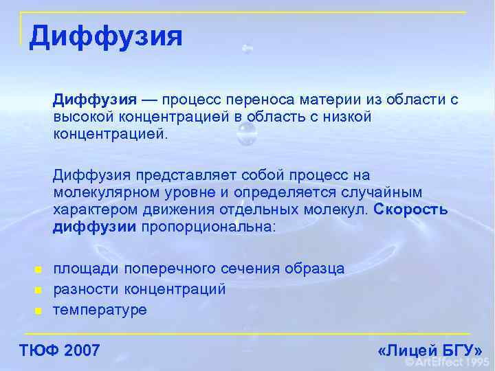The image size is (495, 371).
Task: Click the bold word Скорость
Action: [411, 210]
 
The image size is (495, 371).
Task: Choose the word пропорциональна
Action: [207, 227]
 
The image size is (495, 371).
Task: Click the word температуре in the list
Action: [100, 310]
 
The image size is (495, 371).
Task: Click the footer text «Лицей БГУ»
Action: [430, 350]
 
